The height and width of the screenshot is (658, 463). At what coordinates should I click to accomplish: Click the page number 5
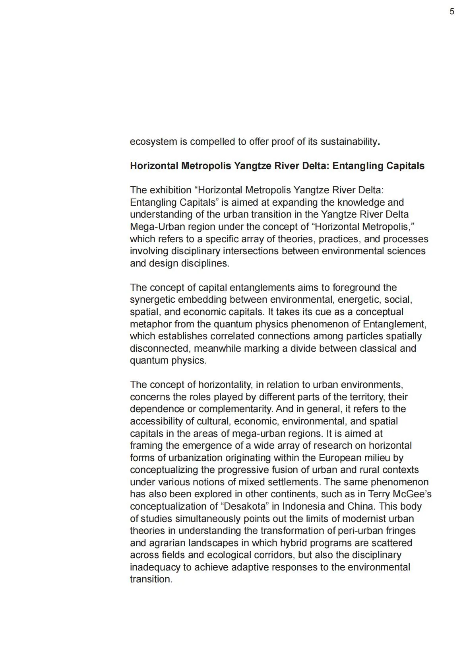[451, 12]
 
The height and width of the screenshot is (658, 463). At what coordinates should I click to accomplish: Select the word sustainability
[349, 142]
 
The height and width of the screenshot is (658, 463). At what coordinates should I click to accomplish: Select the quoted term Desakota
[244, 506]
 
